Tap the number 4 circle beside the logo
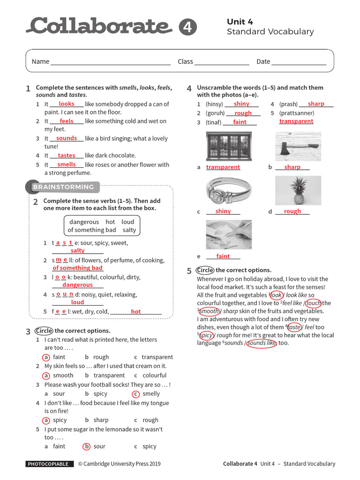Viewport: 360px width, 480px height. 187,27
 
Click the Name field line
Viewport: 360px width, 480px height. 110,62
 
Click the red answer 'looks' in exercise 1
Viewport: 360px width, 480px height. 67,104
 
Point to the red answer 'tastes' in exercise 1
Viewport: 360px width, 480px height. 67,156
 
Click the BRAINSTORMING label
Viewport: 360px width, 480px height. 63,187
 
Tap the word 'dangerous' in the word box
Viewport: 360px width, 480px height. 84,222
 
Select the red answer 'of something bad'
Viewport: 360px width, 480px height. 77,268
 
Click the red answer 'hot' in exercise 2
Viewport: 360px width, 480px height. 136,312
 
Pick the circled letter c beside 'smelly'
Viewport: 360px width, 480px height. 136,394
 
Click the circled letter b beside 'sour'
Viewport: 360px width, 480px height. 87,447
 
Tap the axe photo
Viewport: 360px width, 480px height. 298,146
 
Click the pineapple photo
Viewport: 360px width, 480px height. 298,190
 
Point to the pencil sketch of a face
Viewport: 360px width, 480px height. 229,234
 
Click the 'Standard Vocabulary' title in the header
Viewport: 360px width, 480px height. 270,32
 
